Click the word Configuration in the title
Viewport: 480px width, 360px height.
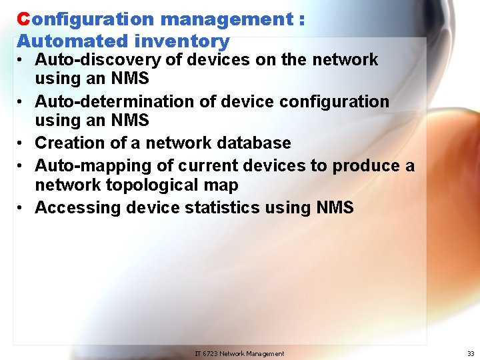(86, 19)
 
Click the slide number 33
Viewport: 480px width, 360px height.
(471, 353)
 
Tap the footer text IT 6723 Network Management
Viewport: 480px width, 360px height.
(239, 353)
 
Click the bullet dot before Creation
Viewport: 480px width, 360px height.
(22, 143)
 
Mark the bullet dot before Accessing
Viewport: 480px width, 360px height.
(22, 208)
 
